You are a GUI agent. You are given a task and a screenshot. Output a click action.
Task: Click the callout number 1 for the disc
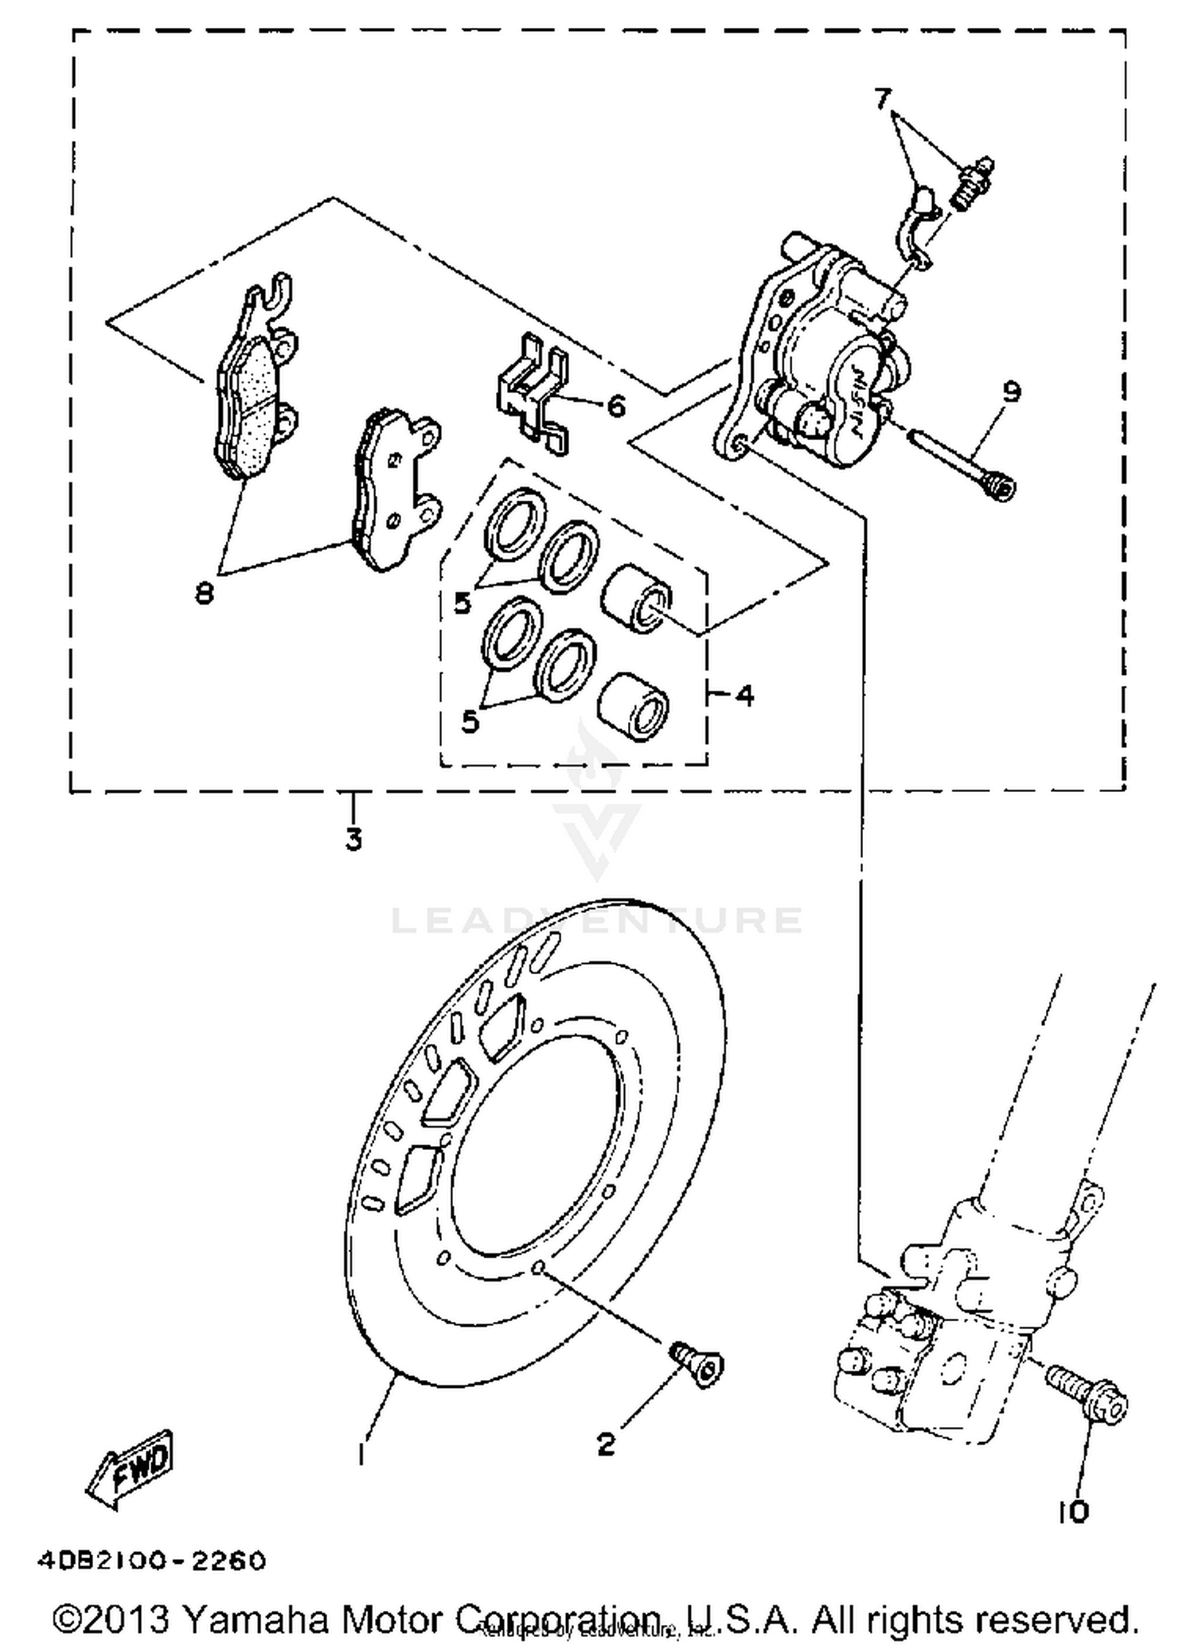[362, 1453]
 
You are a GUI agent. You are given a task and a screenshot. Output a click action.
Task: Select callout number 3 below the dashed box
[354, 839]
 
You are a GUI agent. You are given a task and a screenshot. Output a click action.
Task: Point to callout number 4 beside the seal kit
[744, 696]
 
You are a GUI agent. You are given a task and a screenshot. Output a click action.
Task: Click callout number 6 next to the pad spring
[616, 407]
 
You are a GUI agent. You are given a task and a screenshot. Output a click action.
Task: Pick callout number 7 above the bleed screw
[882, 99]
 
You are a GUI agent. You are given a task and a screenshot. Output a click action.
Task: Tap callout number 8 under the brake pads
[205, 593]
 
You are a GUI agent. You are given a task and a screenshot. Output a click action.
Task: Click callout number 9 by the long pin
[1011, 392]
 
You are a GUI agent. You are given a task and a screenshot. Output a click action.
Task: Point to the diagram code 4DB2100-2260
[151, 1561]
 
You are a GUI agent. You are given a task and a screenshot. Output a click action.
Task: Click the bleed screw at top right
[973, 183]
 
